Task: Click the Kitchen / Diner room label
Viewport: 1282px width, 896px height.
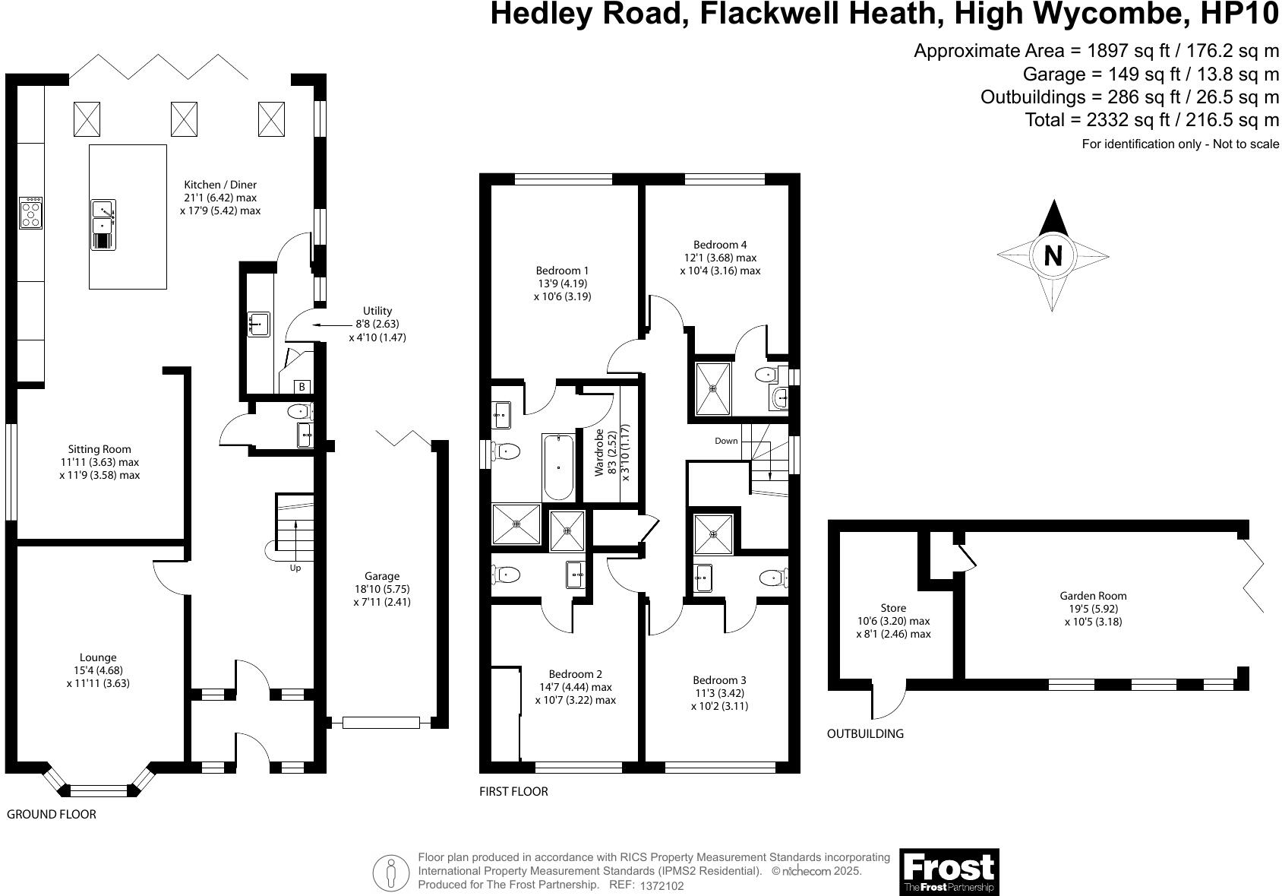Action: [x=220, y=185]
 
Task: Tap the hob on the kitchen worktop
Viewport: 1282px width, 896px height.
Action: [x=31, y=213]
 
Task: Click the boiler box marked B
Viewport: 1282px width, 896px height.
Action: [x=302, y=387]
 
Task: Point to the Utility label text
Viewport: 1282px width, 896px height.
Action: [x=377, y=311]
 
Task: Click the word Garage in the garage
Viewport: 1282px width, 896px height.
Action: [x=381, y=576]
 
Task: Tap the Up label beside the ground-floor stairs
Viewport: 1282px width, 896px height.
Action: [x=295, y=568]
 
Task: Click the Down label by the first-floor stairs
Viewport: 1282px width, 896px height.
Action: [x=726, y=441]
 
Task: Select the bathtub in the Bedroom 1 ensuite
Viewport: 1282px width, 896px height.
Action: [x=559, y=467]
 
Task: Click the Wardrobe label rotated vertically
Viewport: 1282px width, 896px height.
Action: [x=599, y=452]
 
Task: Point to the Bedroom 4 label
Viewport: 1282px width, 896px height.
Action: [x=720, y=245]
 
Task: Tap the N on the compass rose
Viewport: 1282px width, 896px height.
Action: [x=1053, y=255]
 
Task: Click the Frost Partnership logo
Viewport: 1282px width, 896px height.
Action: [x=949, y=872]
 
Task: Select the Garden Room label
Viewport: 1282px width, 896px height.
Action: [x=1093, y=596]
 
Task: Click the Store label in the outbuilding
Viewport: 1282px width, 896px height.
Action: [x=893, y=608]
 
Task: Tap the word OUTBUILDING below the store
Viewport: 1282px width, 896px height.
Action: [x=865, y=733]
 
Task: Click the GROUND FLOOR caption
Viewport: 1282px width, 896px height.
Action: [x=52, y=814]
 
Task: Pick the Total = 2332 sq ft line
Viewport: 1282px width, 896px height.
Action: [x=1151, y=119]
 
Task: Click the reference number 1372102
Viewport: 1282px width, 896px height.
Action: [x=662, y=886]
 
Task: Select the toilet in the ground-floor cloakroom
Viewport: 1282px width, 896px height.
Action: [x=299, y=413]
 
